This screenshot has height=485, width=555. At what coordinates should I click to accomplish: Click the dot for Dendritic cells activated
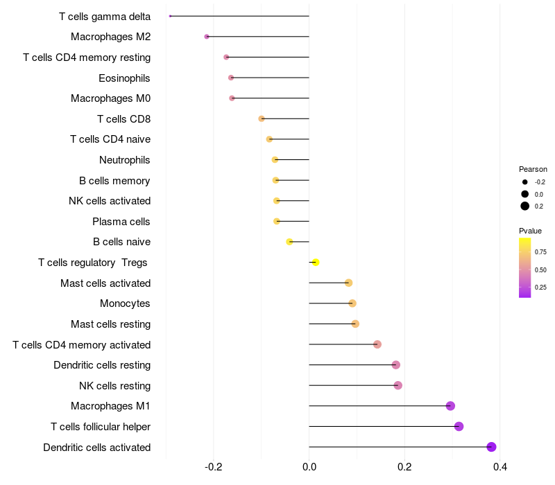pos(492,447)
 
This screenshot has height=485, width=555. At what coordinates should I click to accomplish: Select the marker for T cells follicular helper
pos(459,426)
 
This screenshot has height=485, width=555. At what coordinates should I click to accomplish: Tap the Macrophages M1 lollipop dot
pos(450,406)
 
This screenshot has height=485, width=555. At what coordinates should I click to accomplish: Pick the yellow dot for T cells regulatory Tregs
pos(316,263)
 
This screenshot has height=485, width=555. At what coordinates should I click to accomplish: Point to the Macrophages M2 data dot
pos(207,37)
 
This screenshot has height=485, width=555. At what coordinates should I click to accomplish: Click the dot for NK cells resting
pos(398,385)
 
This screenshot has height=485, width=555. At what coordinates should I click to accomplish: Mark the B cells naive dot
pos(289,242)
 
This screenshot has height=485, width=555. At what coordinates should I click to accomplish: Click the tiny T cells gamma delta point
pos(170,16)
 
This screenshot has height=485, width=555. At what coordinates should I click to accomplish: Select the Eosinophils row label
pos(124,78)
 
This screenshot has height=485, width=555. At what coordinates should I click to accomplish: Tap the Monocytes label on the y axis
pos(125,303)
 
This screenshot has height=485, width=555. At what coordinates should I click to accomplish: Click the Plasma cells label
pos(121,222)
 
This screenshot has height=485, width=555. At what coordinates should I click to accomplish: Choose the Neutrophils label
pos(124,160)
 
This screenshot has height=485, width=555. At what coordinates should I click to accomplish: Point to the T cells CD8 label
pos(123,119)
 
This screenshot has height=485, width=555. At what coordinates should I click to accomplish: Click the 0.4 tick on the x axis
pos(499,467)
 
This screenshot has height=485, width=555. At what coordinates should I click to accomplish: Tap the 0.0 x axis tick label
pos(309,467)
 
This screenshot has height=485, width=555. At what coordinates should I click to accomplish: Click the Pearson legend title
pos(533,169)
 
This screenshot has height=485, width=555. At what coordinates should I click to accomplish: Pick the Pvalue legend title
pos(530,231)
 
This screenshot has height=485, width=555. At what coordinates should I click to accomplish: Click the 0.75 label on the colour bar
pos(540,252)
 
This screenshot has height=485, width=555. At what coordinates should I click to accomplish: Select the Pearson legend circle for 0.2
pos(525,206)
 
